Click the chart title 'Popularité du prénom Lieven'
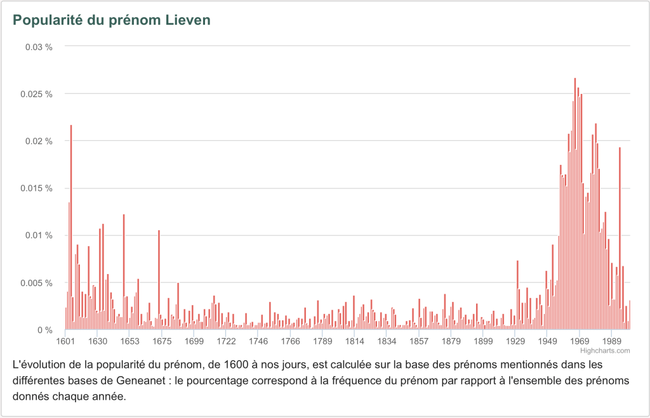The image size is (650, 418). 112,20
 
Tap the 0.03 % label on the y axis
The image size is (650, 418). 38,47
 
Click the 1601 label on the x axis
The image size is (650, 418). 65,341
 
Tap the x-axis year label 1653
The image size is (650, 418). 129,341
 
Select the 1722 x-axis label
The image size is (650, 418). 227,341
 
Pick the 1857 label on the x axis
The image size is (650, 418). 419,341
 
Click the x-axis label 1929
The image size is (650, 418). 515,341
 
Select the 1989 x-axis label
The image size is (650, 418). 612,341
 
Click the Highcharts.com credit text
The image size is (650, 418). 613,350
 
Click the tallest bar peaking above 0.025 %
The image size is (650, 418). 575,203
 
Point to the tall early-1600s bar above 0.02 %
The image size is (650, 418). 71,228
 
